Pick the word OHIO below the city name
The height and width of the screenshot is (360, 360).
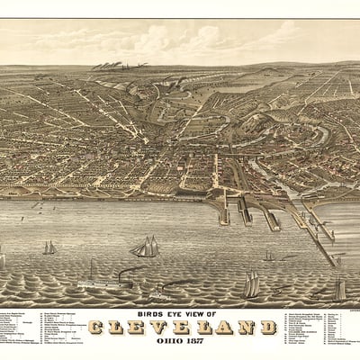click(x=167, y=343)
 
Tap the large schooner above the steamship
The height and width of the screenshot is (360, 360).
click(x=145, y=247)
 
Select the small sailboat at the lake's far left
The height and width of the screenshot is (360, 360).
click(x=49, y=247)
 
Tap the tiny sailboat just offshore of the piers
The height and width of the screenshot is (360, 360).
click(x=268, y=256)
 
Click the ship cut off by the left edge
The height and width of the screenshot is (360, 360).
click(x=3, y=261)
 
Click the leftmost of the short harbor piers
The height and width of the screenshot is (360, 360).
click(x=223, y=212)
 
